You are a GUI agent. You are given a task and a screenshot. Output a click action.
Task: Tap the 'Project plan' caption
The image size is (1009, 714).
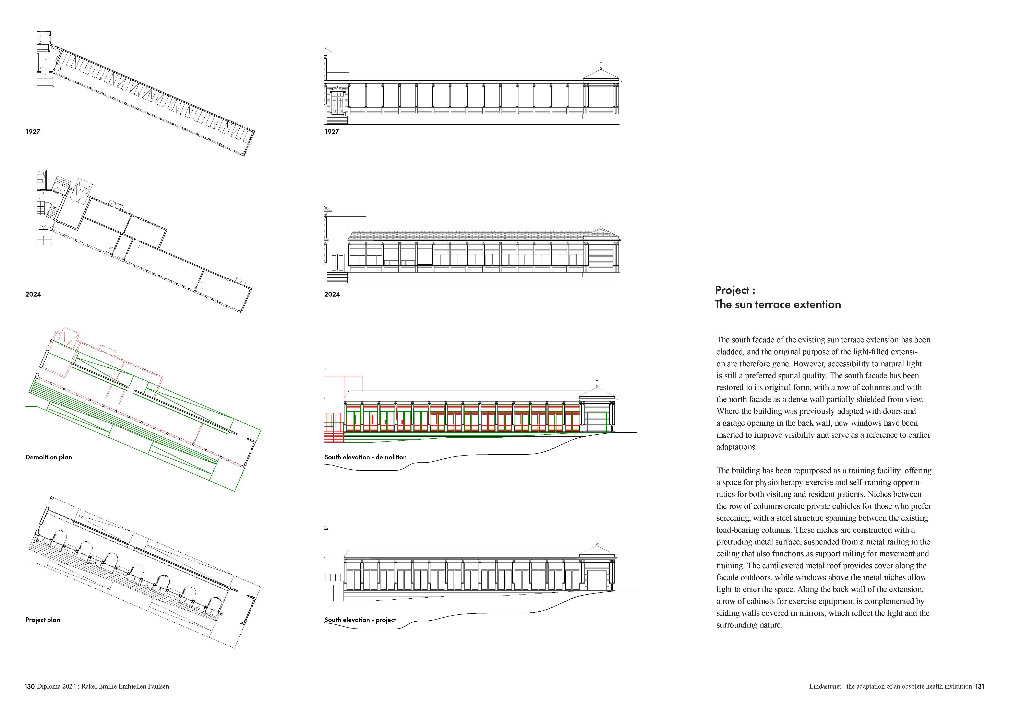click(x=43, y=620)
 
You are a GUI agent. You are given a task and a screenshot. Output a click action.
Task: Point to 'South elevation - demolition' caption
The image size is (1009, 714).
click(x=365, y=457)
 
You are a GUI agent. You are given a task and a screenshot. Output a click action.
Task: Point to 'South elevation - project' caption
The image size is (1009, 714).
click(x=360, y=620)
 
